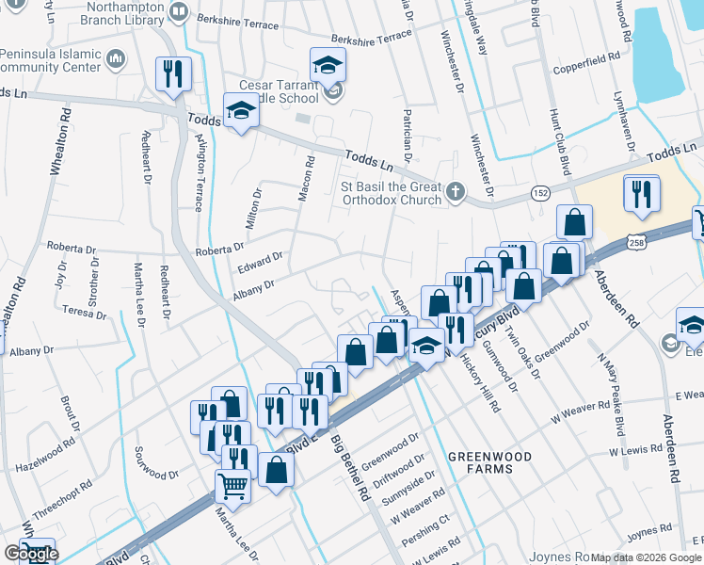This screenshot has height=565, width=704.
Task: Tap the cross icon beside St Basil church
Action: [x=455, y=191]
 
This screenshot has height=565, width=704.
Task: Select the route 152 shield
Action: [x=542, y=194]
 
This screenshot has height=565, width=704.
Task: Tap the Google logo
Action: [x=30, y=554]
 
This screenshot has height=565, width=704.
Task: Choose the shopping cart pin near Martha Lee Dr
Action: [x=232, y=487]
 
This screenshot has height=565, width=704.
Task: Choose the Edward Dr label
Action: [x=260, y=261]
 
